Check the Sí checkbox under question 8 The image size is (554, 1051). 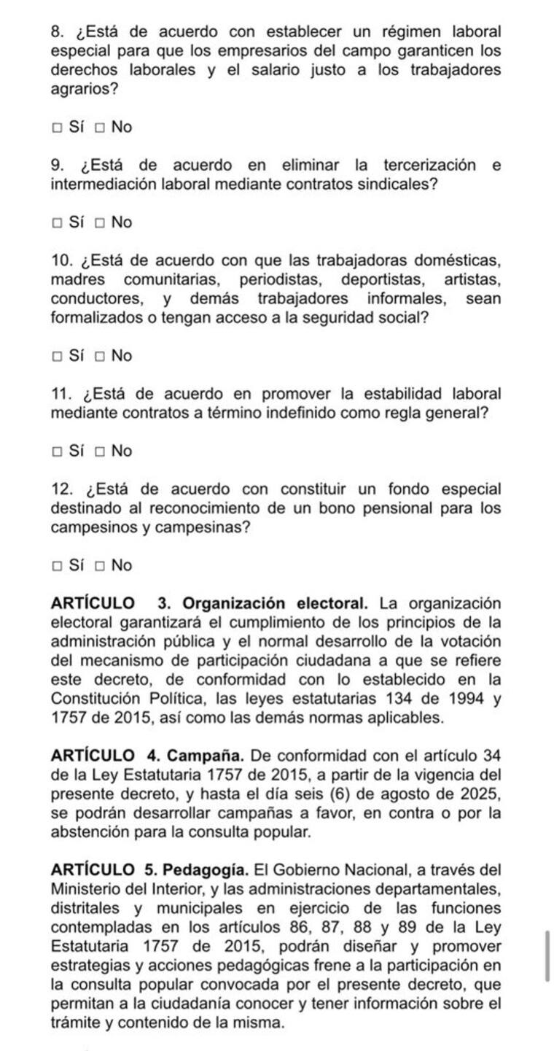pos(56,128)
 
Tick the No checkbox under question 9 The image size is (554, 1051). pos(99,223)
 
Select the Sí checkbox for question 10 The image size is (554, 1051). pos(56,357)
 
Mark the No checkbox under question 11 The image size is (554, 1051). pos(99,452)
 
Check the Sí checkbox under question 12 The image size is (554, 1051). pos(56,566)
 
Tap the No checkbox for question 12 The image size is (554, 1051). pos(99,566)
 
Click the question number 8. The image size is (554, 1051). pos(58,32)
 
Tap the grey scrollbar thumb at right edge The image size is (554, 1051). pos(547,956)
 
